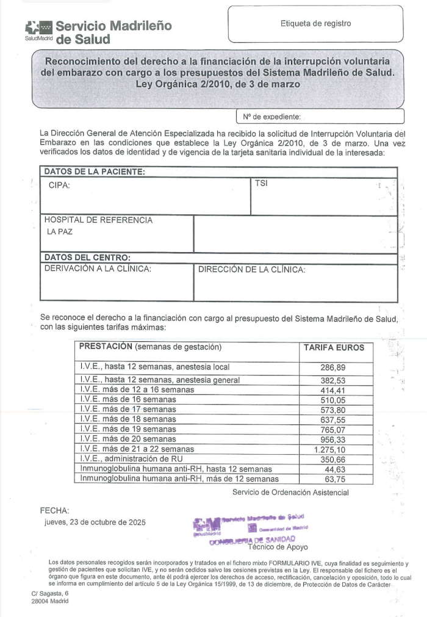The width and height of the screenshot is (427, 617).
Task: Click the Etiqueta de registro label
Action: pos(315,24)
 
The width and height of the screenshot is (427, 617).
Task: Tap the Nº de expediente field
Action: pos(320,116)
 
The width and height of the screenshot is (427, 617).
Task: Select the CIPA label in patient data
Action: pos(59,185)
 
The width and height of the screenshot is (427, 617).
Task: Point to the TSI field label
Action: pos(261,182)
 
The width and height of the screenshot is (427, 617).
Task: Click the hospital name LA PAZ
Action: pos(59,233)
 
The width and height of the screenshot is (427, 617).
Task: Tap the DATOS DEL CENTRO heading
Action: pos(87,258)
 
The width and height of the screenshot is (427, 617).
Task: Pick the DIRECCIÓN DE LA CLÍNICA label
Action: pos(252,269)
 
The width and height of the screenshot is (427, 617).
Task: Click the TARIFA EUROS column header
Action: pos(334,347)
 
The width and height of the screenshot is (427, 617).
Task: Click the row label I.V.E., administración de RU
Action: pos(131,458)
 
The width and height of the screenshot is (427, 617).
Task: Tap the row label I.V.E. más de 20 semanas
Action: pos(128,438)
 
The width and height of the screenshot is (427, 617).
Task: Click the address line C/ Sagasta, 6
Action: pos(50,593)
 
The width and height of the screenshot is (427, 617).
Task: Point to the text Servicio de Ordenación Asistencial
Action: pos(290,492)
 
